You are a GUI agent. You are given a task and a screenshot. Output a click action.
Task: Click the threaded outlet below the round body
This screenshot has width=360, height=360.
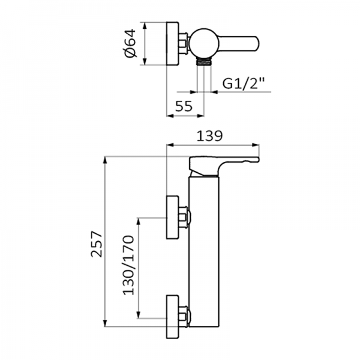pyautogui.click(x=205, y=62)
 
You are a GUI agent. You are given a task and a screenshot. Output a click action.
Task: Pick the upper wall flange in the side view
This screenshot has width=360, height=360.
pyautogui.click(x=173, y=217)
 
